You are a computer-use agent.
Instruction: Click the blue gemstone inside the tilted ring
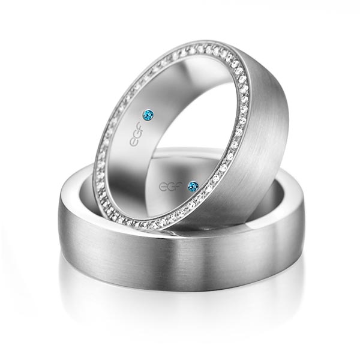coord(148,114)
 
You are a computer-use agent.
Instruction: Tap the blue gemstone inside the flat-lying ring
coord(193,186)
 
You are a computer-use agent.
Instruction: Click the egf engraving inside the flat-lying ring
coord(171,186)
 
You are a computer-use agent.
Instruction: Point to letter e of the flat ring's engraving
coord(163,187)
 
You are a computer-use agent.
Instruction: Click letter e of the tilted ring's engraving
coord(133,142)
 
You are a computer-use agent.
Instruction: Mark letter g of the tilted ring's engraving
coord(136,134)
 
